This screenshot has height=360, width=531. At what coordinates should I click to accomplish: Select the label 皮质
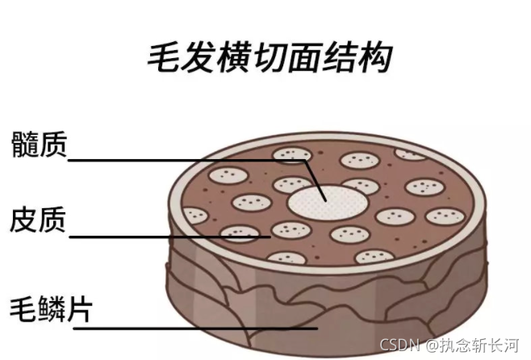click(38, 220)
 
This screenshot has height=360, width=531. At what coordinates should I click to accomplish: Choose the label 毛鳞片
click(49, 309)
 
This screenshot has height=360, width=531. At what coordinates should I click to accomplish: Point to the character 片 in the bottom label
click(77, 309)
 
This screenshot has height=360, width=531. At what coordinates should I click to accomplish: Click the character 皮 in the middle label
click(24, 220)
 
